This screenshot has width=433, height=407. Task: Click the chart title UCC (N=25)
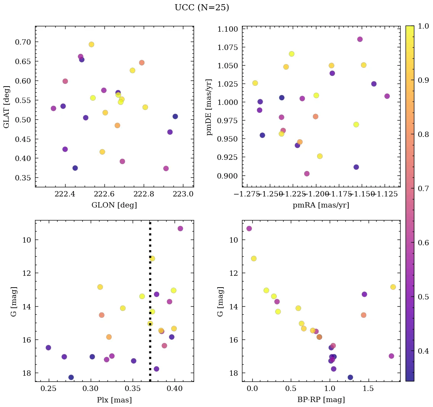tap(202, 8)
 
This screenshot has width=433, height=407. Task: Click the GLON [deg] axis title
tap(114, 205)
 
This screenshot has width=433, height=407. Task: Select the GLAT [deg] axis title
tap(6, 107)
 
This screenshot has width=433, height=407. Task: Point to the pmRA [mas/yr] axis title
tap(321, 205)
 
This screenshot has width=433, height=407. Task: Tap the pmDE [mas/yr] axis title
tap(209, 107)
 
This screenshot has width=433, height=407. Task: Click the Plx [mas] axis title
tap(114, 400)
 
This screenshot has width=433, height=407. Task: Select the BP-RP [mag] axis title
tap(321, 400)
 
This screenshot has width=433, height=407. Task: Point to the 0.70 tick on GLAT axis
tap(22, 42)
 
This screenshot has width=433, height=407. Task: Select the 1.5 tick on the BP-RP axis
tap(368, 389)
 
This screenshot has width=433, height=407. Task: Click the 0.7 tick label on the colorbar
tap(423, 188)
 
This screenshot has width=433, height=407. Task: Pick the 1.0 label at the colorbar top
tap(423, 26)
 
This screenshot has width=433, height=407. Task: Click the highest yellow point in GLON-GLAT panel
tap(91, 44)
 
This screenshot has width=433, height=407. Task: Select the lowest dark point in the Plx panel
tap(71, 377)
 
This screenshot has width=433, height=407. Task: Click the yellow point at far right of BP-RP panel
tap(393, 287)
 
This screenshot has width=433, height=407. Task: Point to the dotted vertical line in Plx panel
tap(150, 267)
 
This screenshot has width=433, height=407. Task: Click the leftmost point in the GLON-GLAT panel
tap(53, 108)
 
